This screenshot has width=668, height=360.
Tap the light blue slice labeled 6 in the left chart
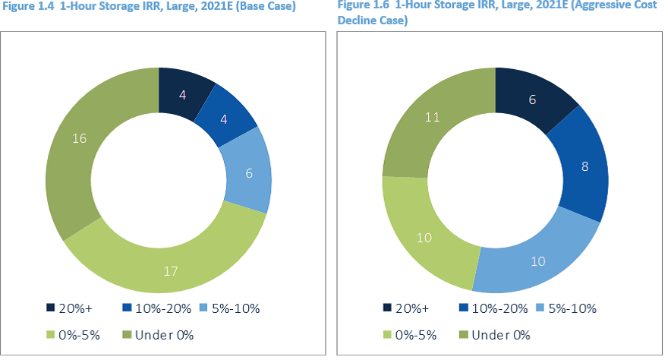tap(247, 172)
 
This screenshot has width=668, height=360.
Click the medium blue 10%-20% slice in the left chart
tap(225, 119)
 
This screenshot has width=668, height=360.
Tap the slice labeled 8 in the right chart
tap(583, 166)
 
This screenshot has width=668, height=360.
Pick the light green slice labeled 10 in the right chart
tap(426, 237)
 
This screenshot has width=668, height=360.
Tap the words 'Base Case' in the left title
tap(266, 6)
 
